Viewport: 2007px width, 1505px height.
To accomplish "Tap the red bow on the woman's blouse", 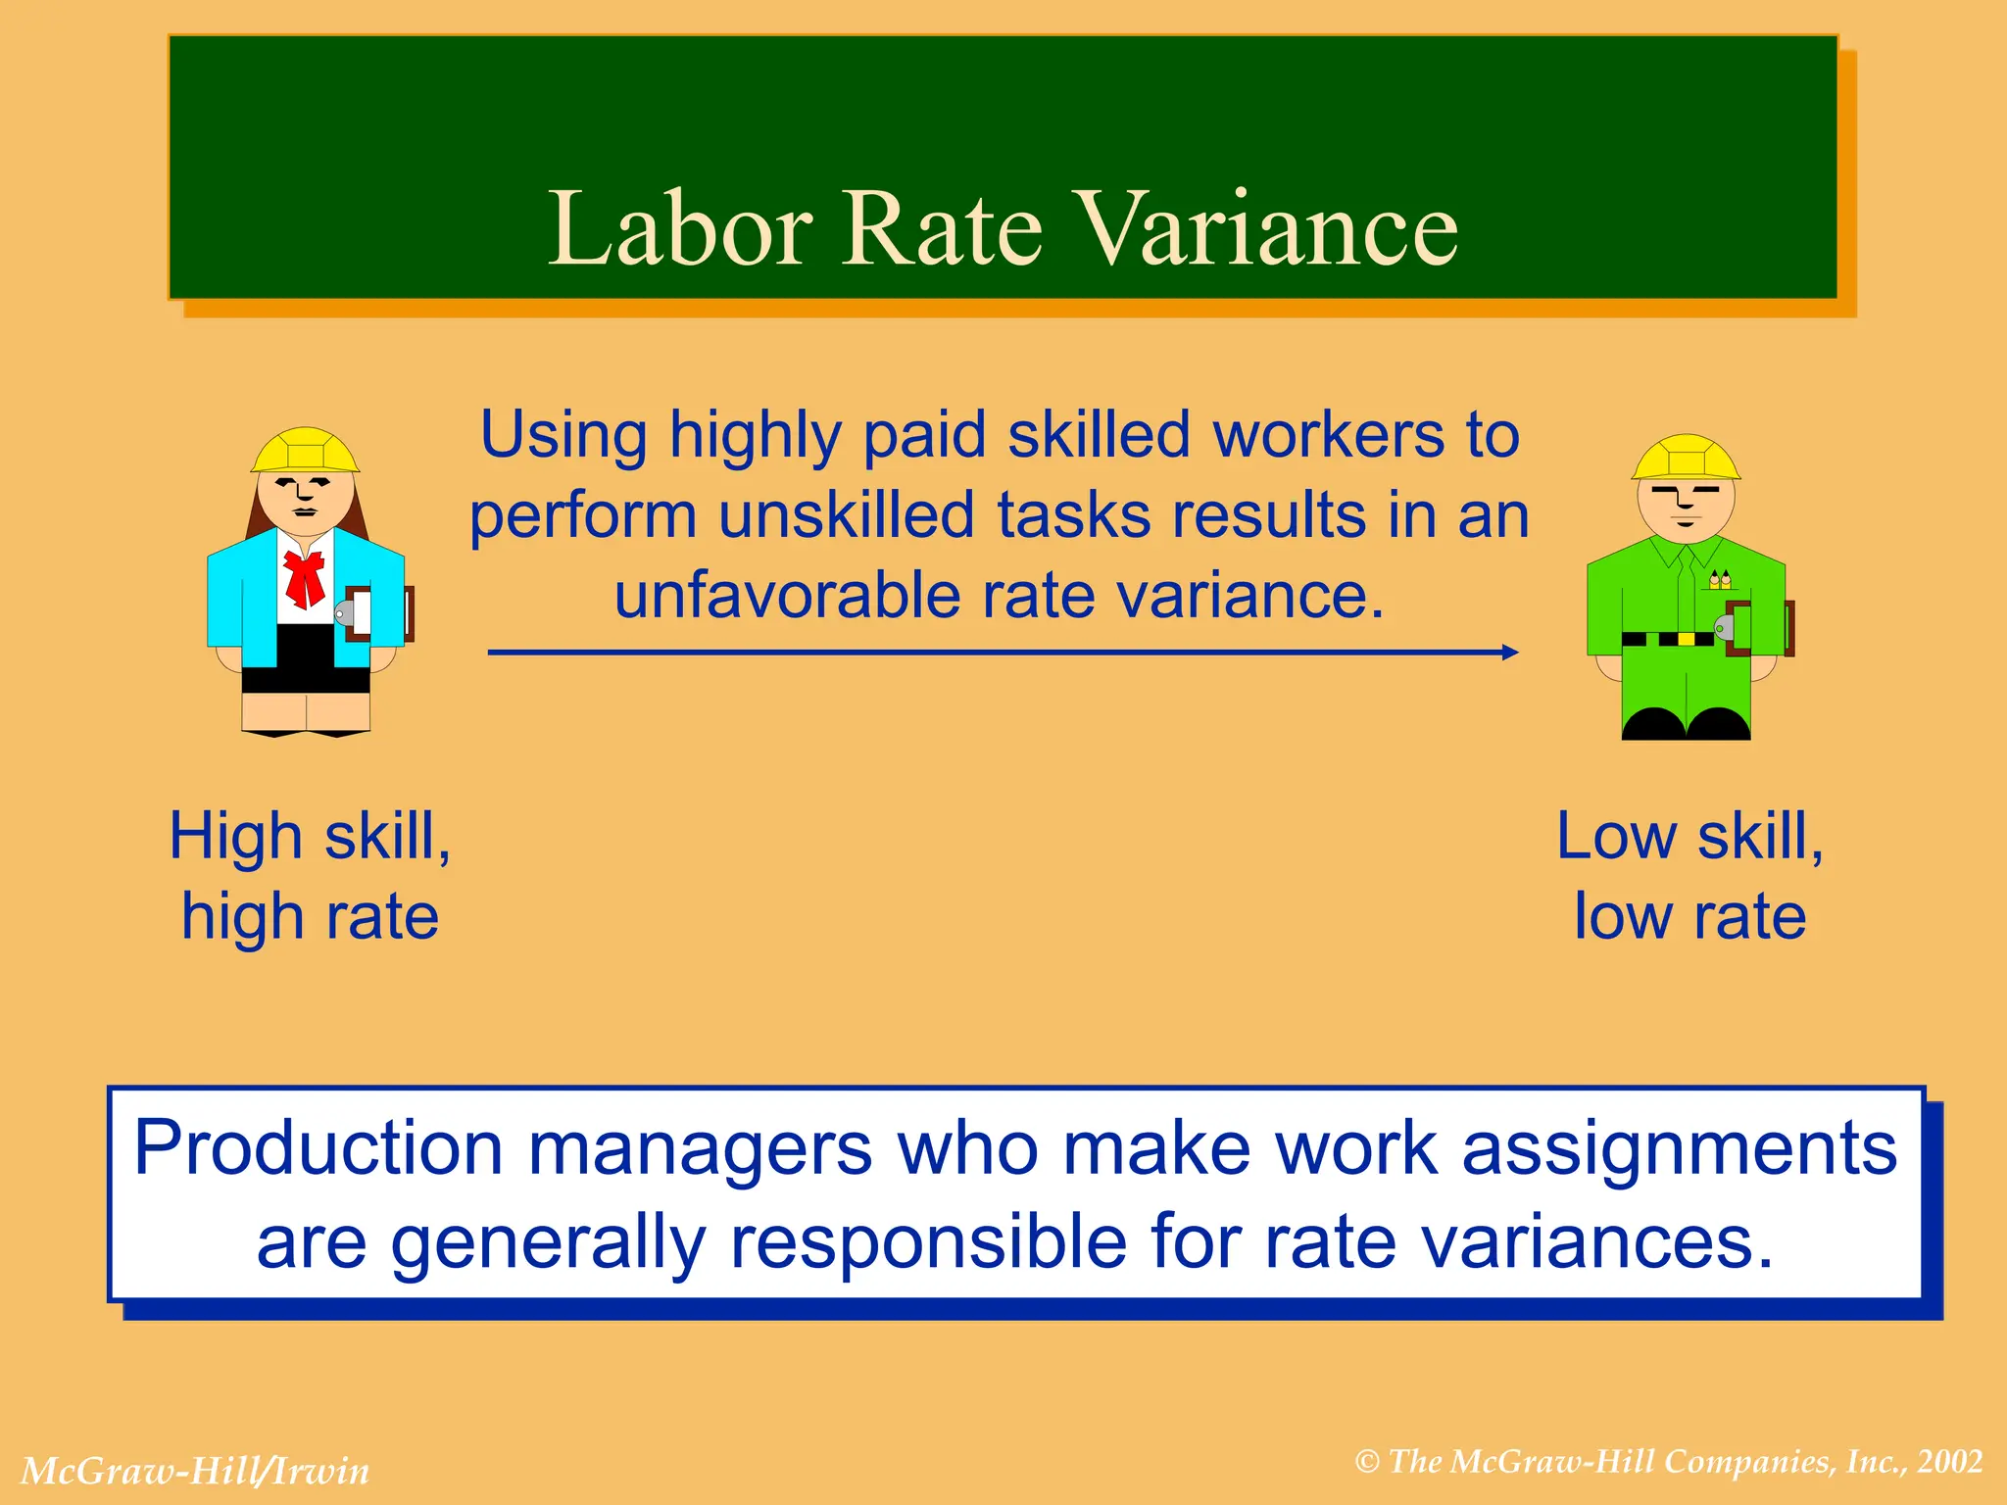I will (305, 578).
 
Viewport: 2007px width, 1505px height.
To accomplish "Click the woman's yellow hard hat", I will (305, 451).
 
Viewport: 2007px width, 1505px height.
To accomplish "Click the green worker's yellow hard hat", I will (1686, 458).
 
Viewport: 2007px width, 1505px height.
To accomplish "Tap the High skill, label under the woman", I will (310, 837).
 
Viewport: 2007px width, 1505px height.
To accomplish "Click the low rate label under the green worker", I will (1689, 917).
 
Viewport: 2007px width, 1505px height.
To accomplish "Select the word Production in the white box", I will (318, 1148).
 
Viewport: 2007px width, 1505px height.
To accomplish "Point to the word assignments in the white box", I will (1679, 1148).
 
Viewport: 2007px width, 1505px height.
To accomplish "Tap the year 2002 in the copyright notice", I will (1950, 1462).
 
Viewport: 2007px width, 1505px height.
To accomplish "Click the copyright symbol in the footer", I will (1367, 1463).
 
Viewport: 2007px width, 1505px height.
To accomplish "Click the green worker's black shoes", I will (1686, 725).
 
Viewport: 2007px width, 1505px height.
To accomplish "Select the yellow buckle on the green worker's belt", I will (1686, 639).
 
